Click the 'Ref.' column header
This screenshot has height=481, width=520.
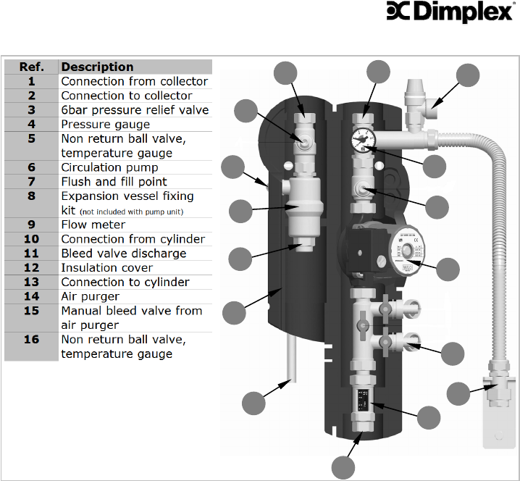pyautogui.click(x=31, y=67)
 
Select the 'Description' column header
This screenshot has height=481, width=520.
pyautogui.click(x=97, y=67)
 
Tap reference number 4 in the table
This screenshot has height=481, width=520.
pyautogui.click(x=31, y=124)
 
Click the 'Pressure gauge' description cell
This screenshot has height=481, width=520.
pyautogui.click(x=106, y=124)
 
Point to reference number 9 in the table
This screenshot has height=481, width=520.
pyautogui.click(x=31, y=225)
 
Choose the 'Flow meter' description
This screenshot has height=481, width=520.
pyautogui.click(x=93, y=225)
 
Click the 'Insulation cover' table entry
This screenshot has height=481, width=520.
pyautogui.click(x=106, y=267)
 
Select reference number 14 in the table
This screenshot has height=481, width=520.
pyautogui.click(x=31, y=296)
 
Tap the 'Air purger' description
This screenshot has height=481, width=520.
pyautogui.click(x=90, y=296)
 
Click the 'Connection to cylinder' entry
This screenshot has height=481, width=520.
pyautogui.click(x=125, y=282)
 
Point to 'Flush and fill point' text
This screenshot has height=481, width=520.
pyautogui.click(x=114, y=182)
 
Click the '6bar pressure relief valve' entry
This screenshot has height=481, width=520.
pyautogui.click(x=135, y=110)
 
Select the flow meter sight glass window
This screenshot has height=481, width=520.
pyautogui.click(x=362, y=398)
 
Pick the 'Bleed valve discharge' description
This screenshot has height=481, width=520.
pyautogui.click(x=123, y=254)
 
